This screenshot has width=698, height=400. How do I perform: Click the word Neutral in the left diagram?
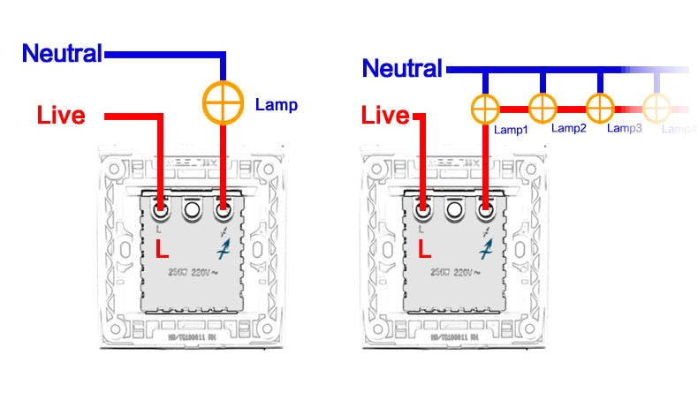62,54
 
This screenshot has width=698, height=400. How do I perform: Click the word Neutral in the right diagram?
402,68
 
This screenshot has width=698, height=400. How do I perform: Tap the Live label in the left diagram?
61,115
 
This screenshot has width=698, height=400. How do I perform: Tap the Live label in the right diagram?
386,115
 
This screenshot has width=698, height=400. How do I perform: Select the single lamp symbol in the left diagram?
223,102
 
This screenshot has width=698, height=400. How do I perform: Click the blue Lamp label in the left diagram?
276,105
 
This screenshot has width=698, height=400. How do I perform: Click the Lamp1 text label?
511,130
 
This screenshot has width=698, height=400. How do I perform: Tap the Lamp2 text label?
569,129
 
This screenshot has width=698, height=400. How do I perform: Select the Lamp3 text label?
625,129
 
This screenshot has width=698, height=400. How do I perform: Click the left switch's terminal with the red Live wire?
162,211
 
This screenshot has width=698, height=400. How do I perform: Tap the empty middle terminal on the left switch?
192,211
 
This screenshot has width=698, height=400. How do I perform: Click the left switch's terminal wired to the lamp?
223,211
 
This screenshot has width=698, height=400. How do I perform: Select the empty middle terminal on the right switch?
455,211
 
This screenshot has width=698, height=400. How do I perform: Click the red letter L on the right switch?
426,249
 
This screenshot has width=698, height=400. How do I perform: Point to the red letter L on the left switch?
162,249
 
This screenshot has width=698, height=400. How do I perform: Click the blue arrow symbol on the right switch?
485,249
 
